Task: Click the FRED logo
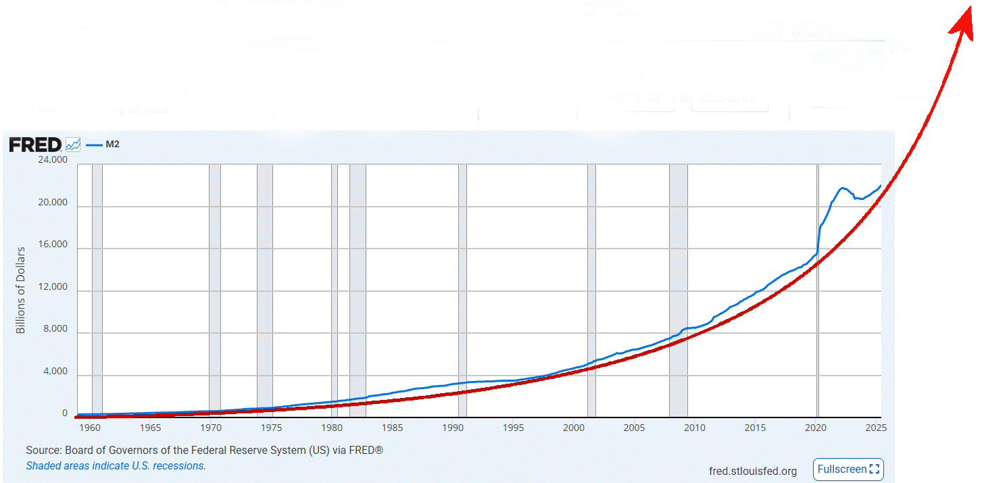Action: pos(35,145)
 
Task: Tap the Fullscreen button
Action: pos(848,469)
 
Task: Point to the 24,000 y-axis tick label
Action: pos(51,161)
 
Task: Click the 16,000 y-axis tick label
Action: pos(51,245)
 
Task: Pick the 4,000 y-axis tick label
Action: pos(54,372)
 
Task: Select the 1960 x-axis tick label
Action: pos(90,428)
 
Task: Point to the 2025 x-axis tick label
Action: pos(875,428)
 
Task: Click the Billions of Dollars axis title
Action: pos(21,290)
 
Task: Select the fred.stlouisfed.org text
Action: pos(752,471)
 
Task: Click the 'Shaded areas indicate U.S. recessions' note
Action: pos(116,465)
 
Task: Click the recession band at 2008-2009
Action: pos(678,290)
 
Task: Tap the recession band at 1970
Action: pos(215,290)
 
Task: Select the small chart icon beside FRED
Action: pos(73,145)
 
